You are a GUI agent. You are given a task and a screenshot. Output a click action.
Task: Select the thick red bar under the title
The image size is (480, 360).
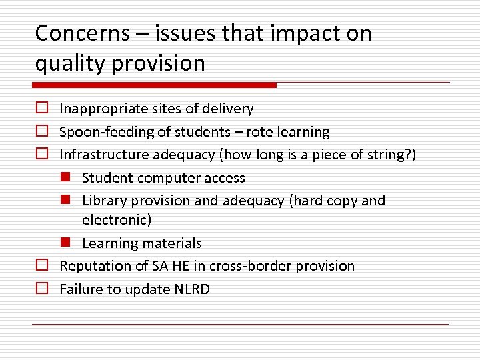155,85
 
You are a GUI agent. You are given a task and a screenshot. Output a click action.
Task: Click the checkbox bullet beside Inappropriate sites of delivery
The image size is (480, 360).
41,108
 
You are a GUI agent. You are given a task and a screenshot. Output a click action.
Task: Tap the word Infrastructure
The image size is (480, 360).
104,155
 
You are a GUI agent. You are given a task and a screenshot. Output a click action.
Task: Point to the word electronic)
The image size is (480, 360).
117,219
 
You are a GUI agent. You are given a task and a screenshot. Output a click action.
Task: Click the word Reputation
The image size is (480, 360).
94,266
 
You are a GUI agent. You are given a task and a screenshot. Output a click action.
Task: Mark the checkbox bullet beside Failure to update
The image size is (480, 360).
41,289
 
